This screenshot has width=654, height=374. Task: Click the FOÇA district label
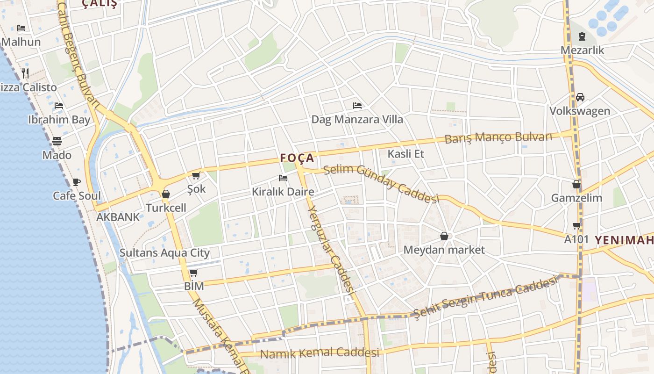pos(297,158)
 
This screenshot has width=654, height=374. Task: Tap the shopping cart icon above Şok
pos(196,176)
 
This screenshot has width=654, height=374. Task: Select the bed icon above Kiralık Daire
pos(283,178)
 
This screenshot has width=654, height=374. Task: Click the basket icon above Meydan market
pos(444,236)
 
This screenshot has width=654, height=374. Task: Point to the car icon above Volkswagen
pos(580,97)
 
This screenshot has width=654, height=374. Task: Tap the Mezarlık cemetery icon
pos(582,36)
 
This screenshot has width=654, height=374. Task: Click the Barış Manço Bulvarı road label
pos(498,138)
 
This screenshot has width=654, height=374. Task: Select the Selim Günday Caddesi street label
pos(381,184)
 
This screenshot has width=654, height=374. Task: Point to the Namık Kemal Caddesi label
pos(320,353)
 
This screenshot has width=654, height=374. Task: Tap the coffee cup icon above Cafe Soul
pos(77,182)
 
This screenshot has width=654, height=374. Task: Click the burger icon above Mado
pos(57,141)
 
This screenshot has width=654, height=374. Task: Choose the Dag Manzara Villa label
pos(357,120)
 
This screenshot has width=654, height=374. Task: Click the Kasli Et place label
pos(405,154)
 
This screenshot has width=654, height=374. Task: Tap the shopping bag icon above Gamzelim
pos(576,184)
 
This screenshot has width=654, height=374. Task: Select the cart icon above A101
pos(577,226)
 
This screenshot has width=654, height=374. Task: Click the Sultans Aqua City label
pos(164,253)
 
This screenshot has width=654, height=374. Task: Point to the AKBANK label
pos(118,217)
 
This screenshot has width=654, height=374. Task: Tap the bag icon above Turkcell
pos(166,194)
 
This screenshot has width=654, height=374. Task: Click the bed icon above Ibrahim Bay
pos(59,106)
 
